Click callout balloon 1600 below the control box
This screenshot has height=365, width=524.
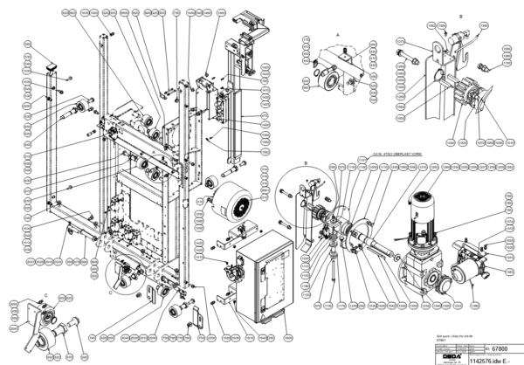pyautogui.click(x=236, y=339)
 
